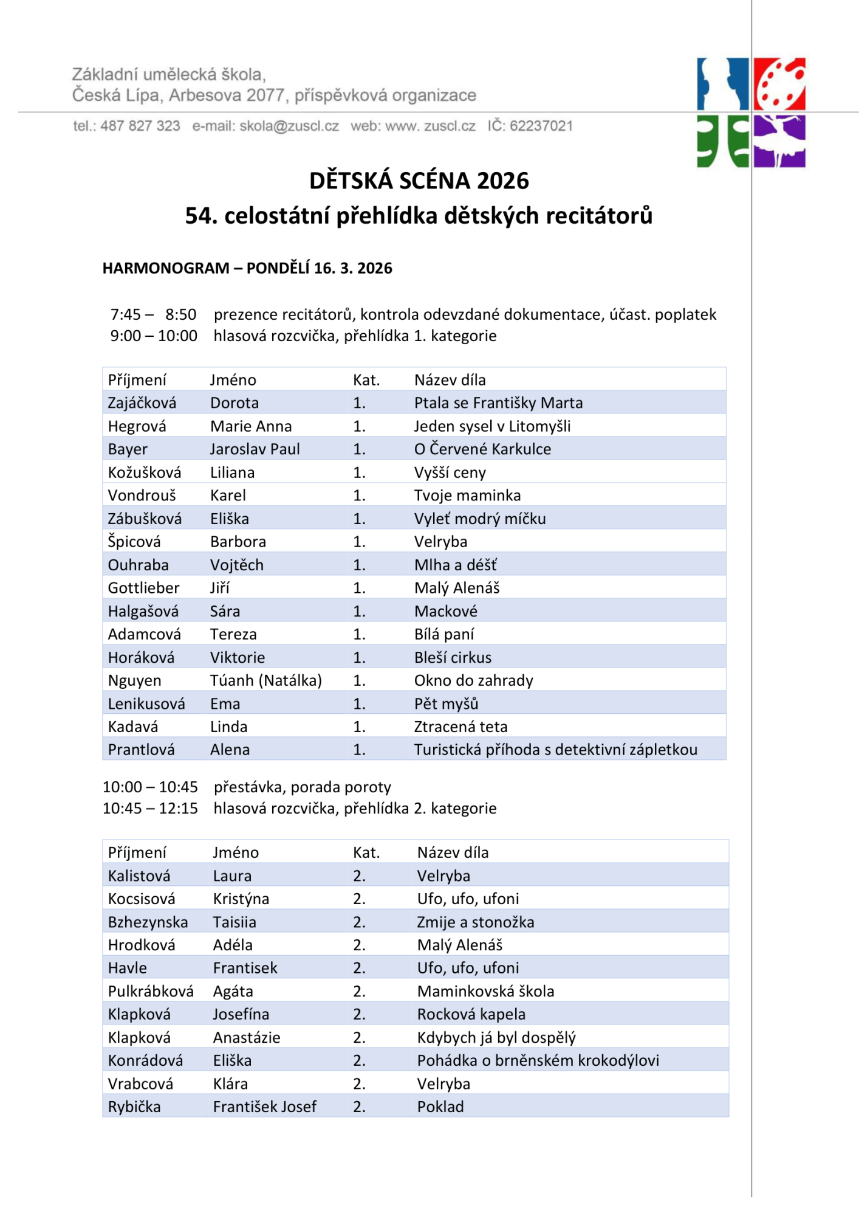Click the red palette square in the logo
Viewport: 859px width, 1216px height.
click(x=779, y=83)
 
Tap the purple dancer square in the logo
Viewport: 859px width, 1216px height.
click(x=779, y=141)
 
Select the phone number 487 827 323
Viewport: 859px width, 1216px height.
click(x=140, y=126)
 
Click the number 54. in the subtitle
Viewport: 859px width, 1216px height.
click(x=201, y=216)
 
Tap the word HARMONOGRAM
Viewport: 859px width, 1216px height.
click(x=166, y=268)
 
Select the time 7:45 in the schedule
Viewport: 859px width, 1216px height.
click(x=126, y=314)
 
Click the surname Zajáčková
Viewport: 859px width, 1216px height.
click(x=142, y=403)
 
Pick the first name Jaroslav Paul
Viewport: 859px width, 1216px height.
click(x=255, y=449)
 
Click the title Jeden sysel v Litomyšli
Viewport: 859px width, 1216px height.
click(x=492, y=426)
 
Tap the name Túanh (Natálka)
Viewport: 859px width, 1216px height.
click(x=266, y=680)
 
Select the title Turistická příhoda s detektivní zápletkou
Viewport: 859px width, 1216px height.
click(x=555, y=750)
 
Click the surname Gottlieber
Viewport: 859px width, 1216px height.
click(x=143, y=588)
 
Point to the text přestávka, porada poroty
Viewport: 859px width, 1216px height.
click(x=302, y=787)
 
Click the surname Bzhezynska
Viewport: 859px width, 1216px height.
click(x=148, y=922)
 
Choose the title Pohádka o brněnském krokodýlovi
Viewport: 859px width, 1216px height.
click(x=538, y=1061)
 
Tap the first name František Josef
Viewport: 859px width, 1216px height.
click(x=264, y=1107)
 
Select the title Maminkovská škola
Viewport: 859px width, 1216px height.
click(x=485, y=992)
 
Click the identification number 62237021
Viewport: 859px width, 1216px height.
click(x=541, y=126)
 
